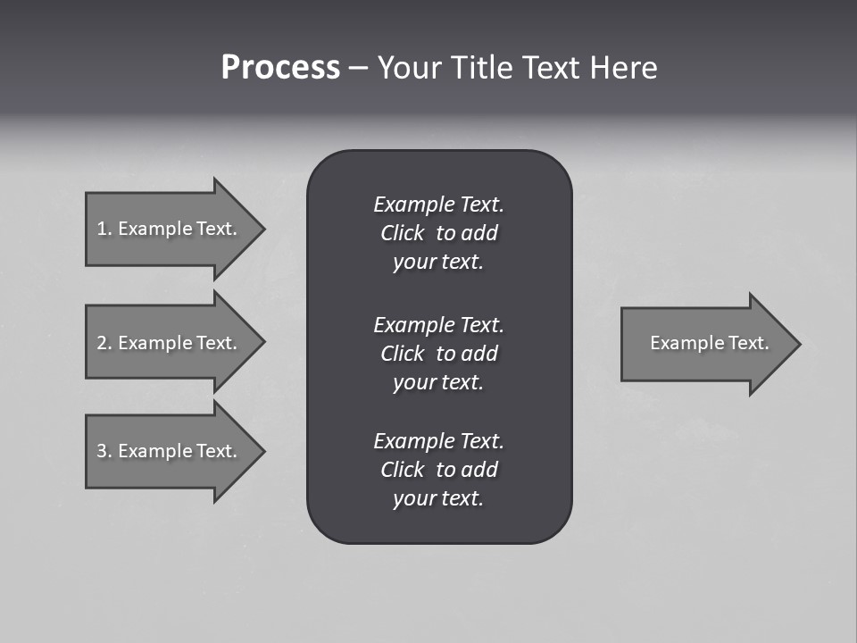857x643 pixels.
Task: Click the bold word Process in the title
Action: pyautogui.click(x=280, y=68)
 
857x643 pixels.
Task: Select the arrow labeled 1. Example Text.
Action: pyautogui.click(x=170, y=229)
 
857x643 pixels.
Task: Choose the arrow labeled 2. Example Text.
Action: pyautogui.click(x=170, y=343)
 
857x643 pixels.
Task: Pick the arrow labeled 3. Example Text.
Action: pyautogui.click(x=170, y=451)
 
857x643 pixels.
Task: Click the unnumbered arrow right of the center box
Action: pyautogui.click(x=705, y=344)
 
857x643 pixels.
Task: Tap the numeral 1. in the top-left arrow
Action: pyautogui.click(x=104, y=229)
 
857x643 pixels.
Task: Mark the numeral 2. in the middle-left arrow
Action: pyautogui.click(x=104, y=343)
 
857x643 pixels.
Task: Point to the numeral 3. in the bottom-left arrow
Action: pyautogui.click(x=104, y=451)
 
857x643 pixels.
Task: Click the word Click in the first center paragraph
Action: pyautogui.click(x=402, y=233)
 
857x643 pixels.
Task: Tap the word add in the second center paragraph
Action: pyautogui.click(x=480, y=354)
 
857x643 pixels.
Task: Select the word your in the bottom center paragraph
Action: pyautogui.click(x=412, y=499)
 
